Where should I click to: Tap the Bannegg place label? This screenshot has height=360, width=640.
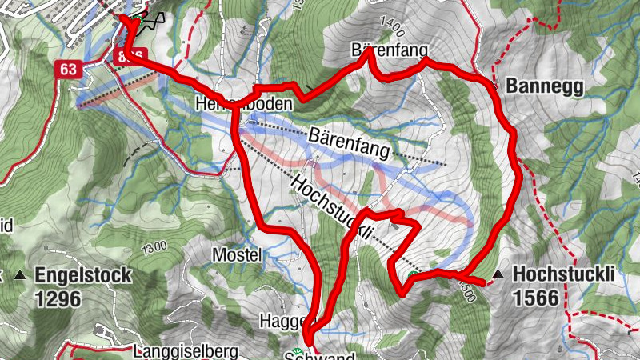540,86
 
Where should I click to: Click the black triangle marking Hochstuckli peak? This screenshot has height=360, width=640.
498,275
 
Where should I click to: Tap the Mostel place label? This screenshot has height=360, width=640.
238,255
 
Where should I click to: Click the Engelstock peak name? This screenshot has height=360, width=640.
82,276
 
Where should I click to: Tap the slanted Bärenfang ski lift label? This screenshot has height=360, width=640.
347,140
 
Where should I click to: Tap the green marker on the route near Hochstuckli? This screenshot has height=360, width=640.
413,277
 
